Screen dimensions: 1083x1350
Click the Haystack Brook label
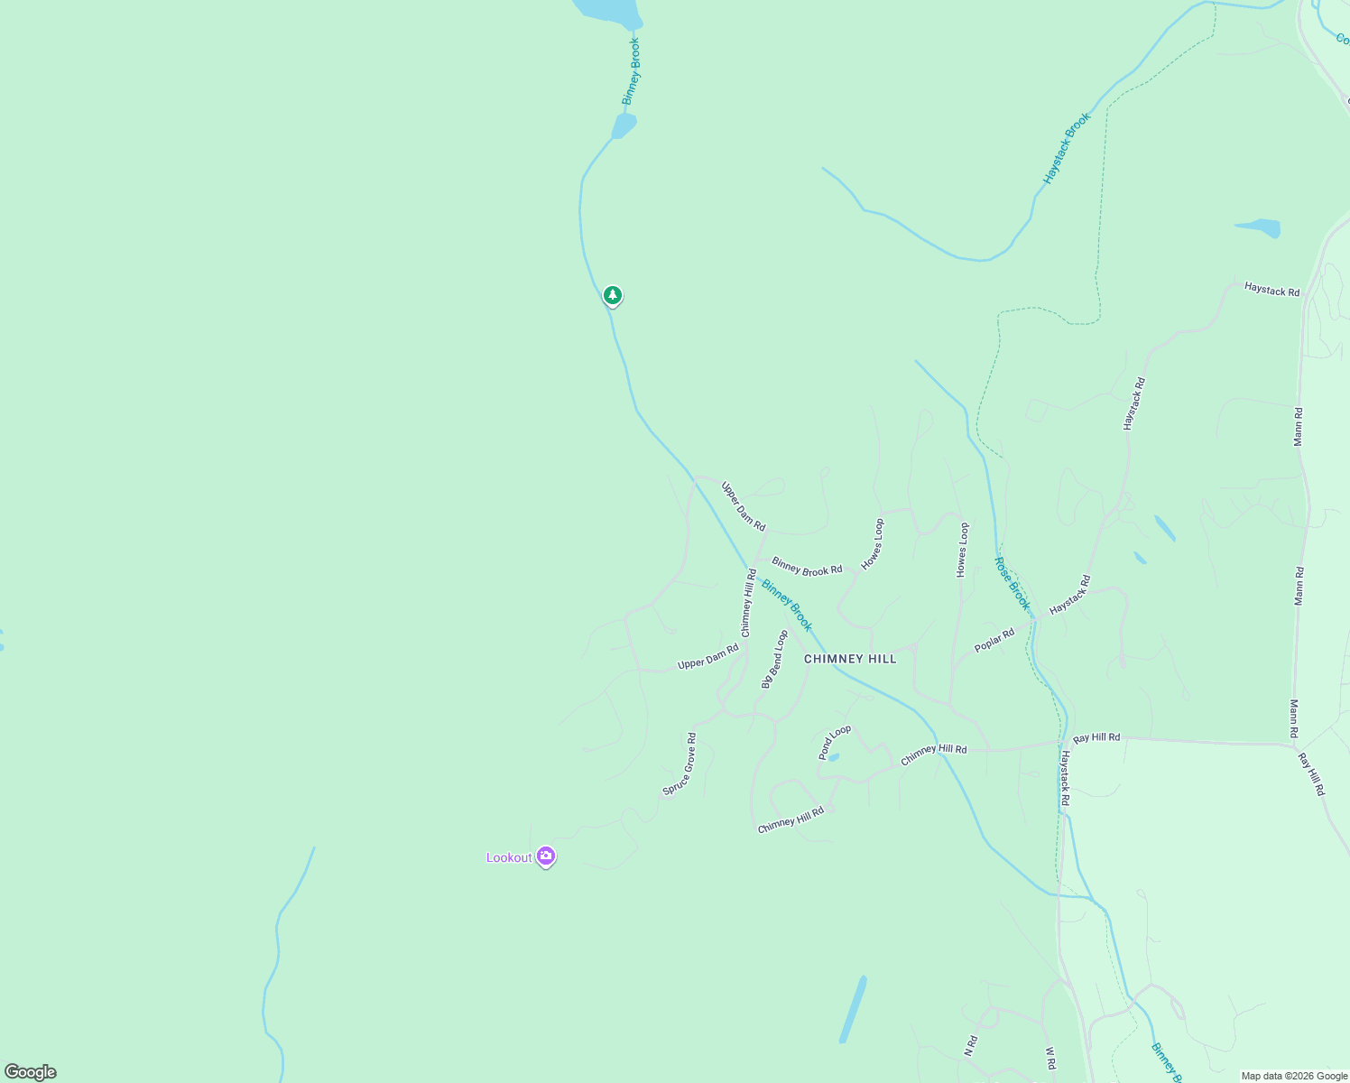(x=1067, y=149)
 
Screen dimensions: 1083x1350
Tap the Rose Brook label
(x=1012, y=583)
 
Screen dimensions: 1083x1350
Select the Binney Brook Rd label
(x=807, y=567)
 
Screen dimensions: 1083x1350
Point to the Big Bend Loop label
(x=774, y=660)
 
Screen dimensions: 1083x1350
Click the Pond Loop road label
(x=835, y=742)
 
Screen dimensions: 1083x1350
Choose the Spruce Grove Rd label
(x=680, y=764)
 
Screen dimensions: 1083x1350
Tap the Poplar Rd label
(x=994, y=641)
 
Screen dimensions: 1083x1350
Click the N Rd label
(x=970, y=1046)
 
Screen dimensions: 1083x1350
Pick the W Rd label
(x=1050, y=1058)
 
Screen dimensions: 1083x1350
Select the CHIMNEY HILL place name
(x=850, y=659)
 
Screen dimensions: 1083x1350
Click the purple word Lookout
(x=509, y=857)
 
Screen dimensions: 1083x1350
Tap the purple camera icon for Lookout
(x=545, y=856)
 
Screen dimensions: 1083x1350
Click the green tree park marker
(x=613, y=295)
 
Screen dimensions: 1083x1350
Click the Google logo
(x=30, y=1072)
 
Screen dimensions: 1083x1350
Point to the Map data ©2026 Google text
(x=1293, y=1076)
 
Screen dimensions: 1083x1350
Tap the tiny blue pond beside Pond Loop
(x=833, y=757)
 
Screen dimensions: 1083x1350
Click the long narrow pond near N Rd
(x=853, y=1009)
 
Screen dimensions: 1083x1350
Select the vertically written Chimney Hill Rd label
(x=747, y=603)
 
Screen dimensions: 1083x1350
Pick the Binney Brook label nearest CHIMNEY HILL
(x=787, y=605)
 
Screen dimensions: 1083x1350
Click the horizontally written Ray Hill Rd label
(x=1096, y=737)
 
